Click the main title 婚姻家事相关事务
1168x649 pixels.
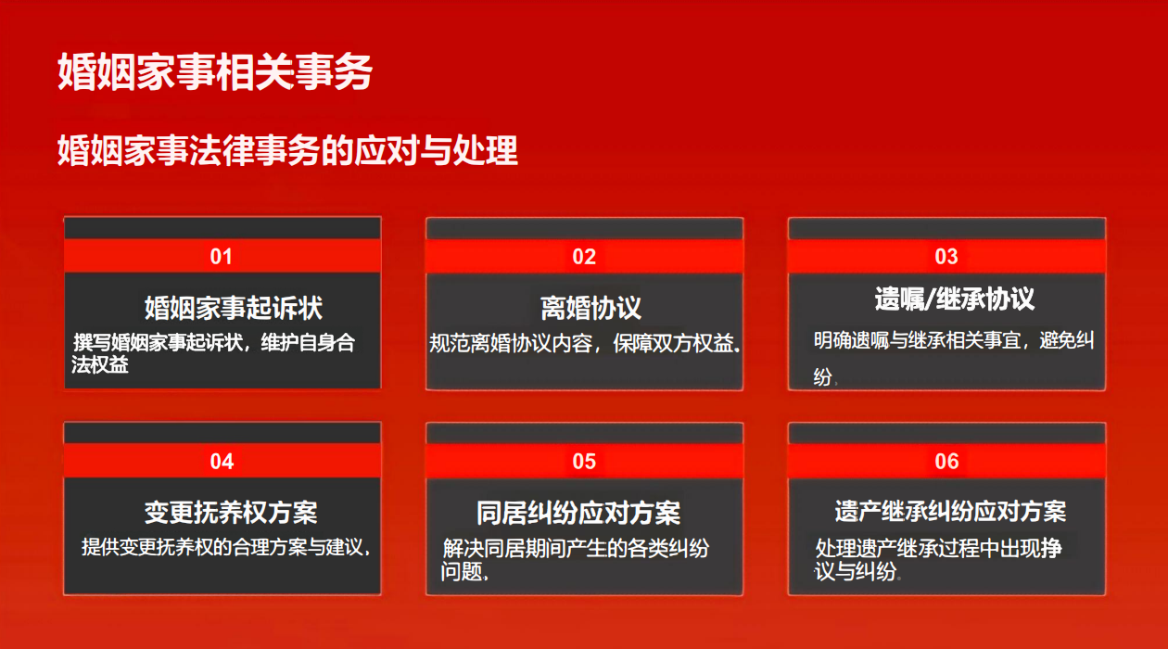[x=215, y=71]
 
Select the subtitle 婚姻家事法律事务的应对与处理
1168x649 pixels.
[x=287, y=150]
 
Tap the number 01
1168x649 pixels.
[x=221, y=257]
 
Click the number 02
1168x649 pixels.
[x=584, y=257]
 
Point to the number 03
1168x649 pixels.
[x=946, y=257]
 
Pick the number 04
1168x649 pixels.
[x=222, y=462]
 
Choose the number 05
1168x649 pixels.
[x=584, y=462]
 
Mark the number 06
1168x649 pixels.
[x=947, y=462]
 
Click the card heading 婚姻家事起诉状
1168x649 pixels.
[x=234, y=307]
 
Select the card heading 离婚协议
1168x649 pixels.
[x=590, y=308]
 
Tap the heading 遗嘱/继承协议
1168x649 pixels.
[x=954, y=299]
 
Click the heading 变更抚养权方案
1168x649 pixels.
[x=231, y=513]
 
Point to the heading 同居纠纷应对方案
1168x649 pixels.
[x=578, y=513]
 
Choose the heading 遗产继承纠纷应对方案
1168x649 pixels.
[x=950, y=511]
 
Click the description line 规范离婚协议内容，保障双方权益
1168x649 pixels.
[x=585, y=343]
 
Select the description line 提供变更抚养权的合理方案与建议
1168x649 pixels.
[x=225, y=547]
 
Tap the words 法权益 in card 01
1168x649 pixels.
[x=99, y=364]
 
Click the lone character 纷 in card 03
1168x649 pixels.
[x=822, y=376]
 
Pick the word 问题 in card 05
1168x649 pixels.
[x=462, y=572]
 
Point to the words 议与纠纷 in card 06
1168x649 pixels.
[x=856, y=572]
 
